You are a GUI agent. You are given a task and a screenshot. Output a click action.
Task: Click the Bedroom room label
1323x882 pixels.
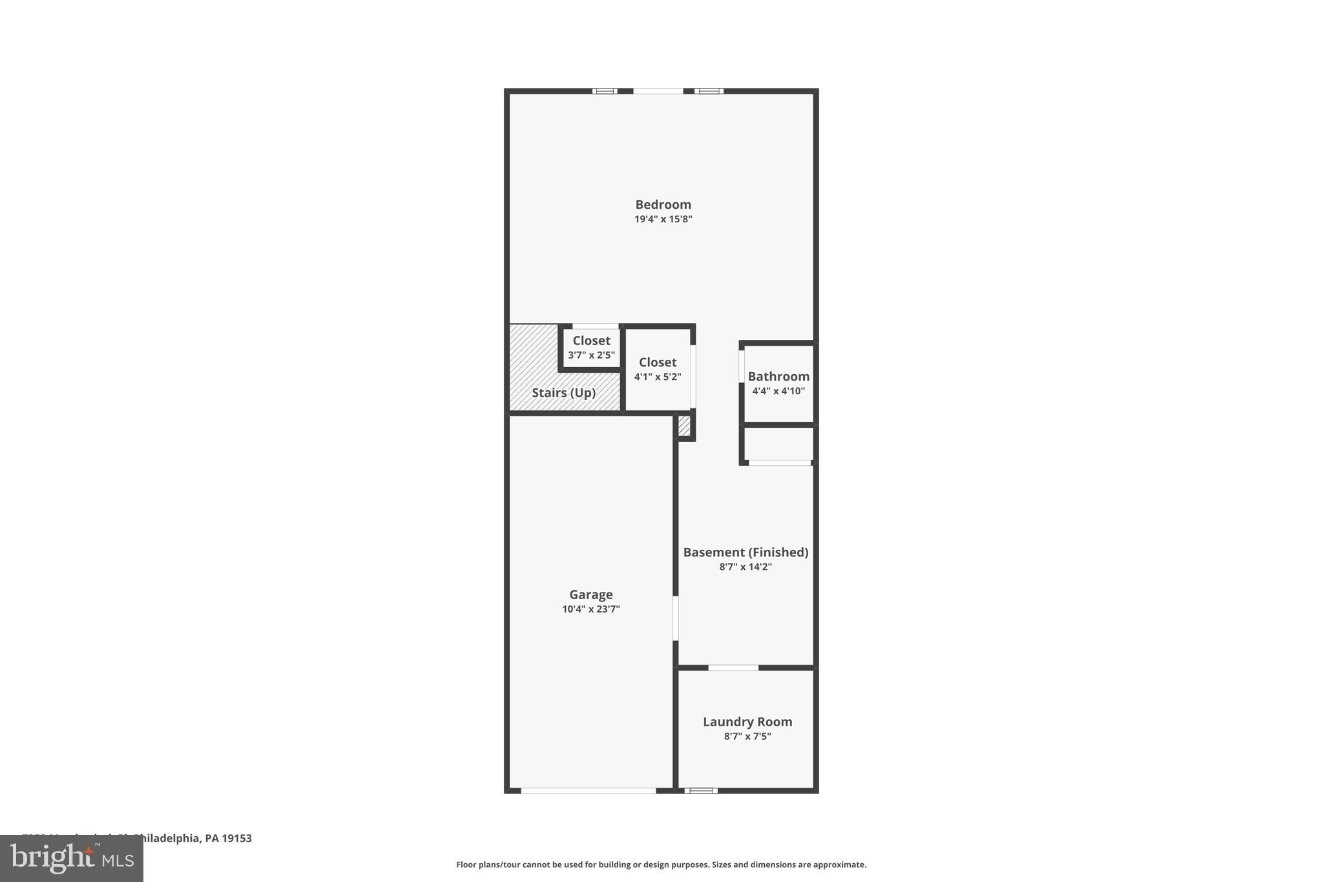663,205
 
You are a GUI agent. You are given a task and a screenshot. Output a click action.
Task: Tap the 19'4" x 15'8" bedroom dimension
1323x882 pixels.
663,220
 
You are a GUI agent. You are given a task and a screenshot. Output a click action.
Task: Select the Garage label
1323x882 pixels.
590,594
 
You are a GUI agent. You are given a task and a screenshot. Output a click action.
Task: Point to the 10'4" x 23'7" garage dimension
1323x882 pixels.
590,609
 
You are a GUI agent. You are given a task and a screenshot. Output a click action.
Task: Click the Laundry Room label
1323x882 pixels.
747,722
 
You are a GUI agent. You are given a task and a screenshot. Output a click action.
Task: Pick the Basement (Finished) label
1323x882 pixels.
745,552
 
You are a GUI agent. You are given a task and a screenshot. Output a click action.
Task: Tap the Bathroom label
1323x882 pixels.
778,377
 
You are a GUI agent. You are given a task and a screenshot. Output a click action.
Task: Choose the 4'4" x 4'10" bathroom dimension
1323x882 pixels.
778,391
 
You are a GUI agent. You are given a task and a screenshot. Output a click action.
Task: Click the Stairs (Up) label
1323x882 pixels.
563,393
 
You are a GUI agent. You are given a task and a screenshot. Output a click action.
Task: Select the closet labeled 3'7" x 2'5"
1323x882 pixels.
591,348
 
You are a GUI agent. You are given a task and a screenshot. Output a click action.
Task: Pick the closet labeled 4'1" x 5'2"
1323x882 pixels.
658,369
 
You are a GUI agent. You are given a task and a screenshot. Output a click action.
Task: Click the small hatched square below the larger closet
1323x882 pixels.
684,426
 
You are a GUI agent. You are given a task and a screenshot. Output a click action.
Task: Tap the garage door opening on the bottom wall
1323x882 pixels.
588,790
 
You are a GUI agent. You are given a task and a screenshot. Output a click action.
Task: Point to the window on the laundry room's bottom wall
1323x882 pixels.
701,790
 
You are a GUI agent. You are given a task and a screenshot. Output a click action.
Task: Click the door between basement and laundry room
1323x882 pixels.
733,667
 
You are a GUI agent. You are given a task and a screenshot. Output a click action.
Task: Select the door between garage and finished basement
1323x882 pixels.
676,618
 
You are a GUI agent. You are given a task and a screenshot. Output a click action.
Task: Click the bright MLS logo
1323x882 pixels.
72,859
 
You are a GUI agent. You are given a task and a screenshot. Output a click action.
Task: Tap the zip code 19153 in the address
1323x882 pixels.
236,838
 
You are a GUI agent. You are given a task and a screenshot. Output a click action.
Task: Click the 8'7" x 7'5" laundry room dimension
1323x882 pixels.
747,737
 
